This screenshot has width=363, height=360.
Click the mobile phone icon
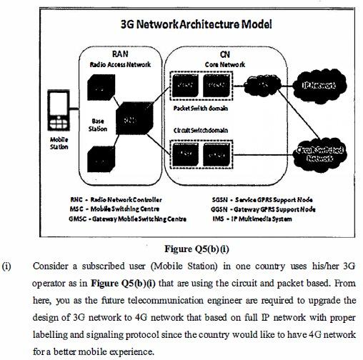coord(58,110)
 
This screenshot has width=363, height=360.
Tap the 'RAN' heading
coord(120,54)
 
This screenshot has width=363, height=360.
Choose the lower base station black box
coord(99,159)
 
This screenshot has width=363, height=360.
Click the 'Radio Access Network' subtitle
coord(120,64)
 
